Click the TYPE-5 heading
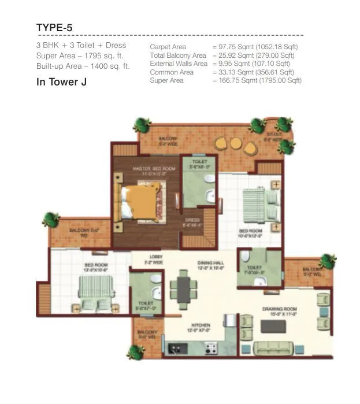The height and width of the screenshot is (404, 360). click(54, 28)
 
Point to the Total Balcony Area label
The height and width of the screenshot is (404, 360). click(177, 55)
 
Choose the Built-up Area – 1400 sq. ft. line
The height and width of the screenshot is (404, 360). click(83, 66)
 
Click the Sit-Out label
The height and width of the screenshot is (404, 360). click(273, 137)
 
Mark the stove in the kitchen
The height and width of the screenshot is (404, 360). click(210, 349)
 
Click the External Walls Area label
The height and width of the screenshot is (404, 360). click(178, 64)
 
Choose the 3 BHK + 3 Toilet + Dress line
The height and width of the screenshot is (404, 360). click(81, 45)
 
